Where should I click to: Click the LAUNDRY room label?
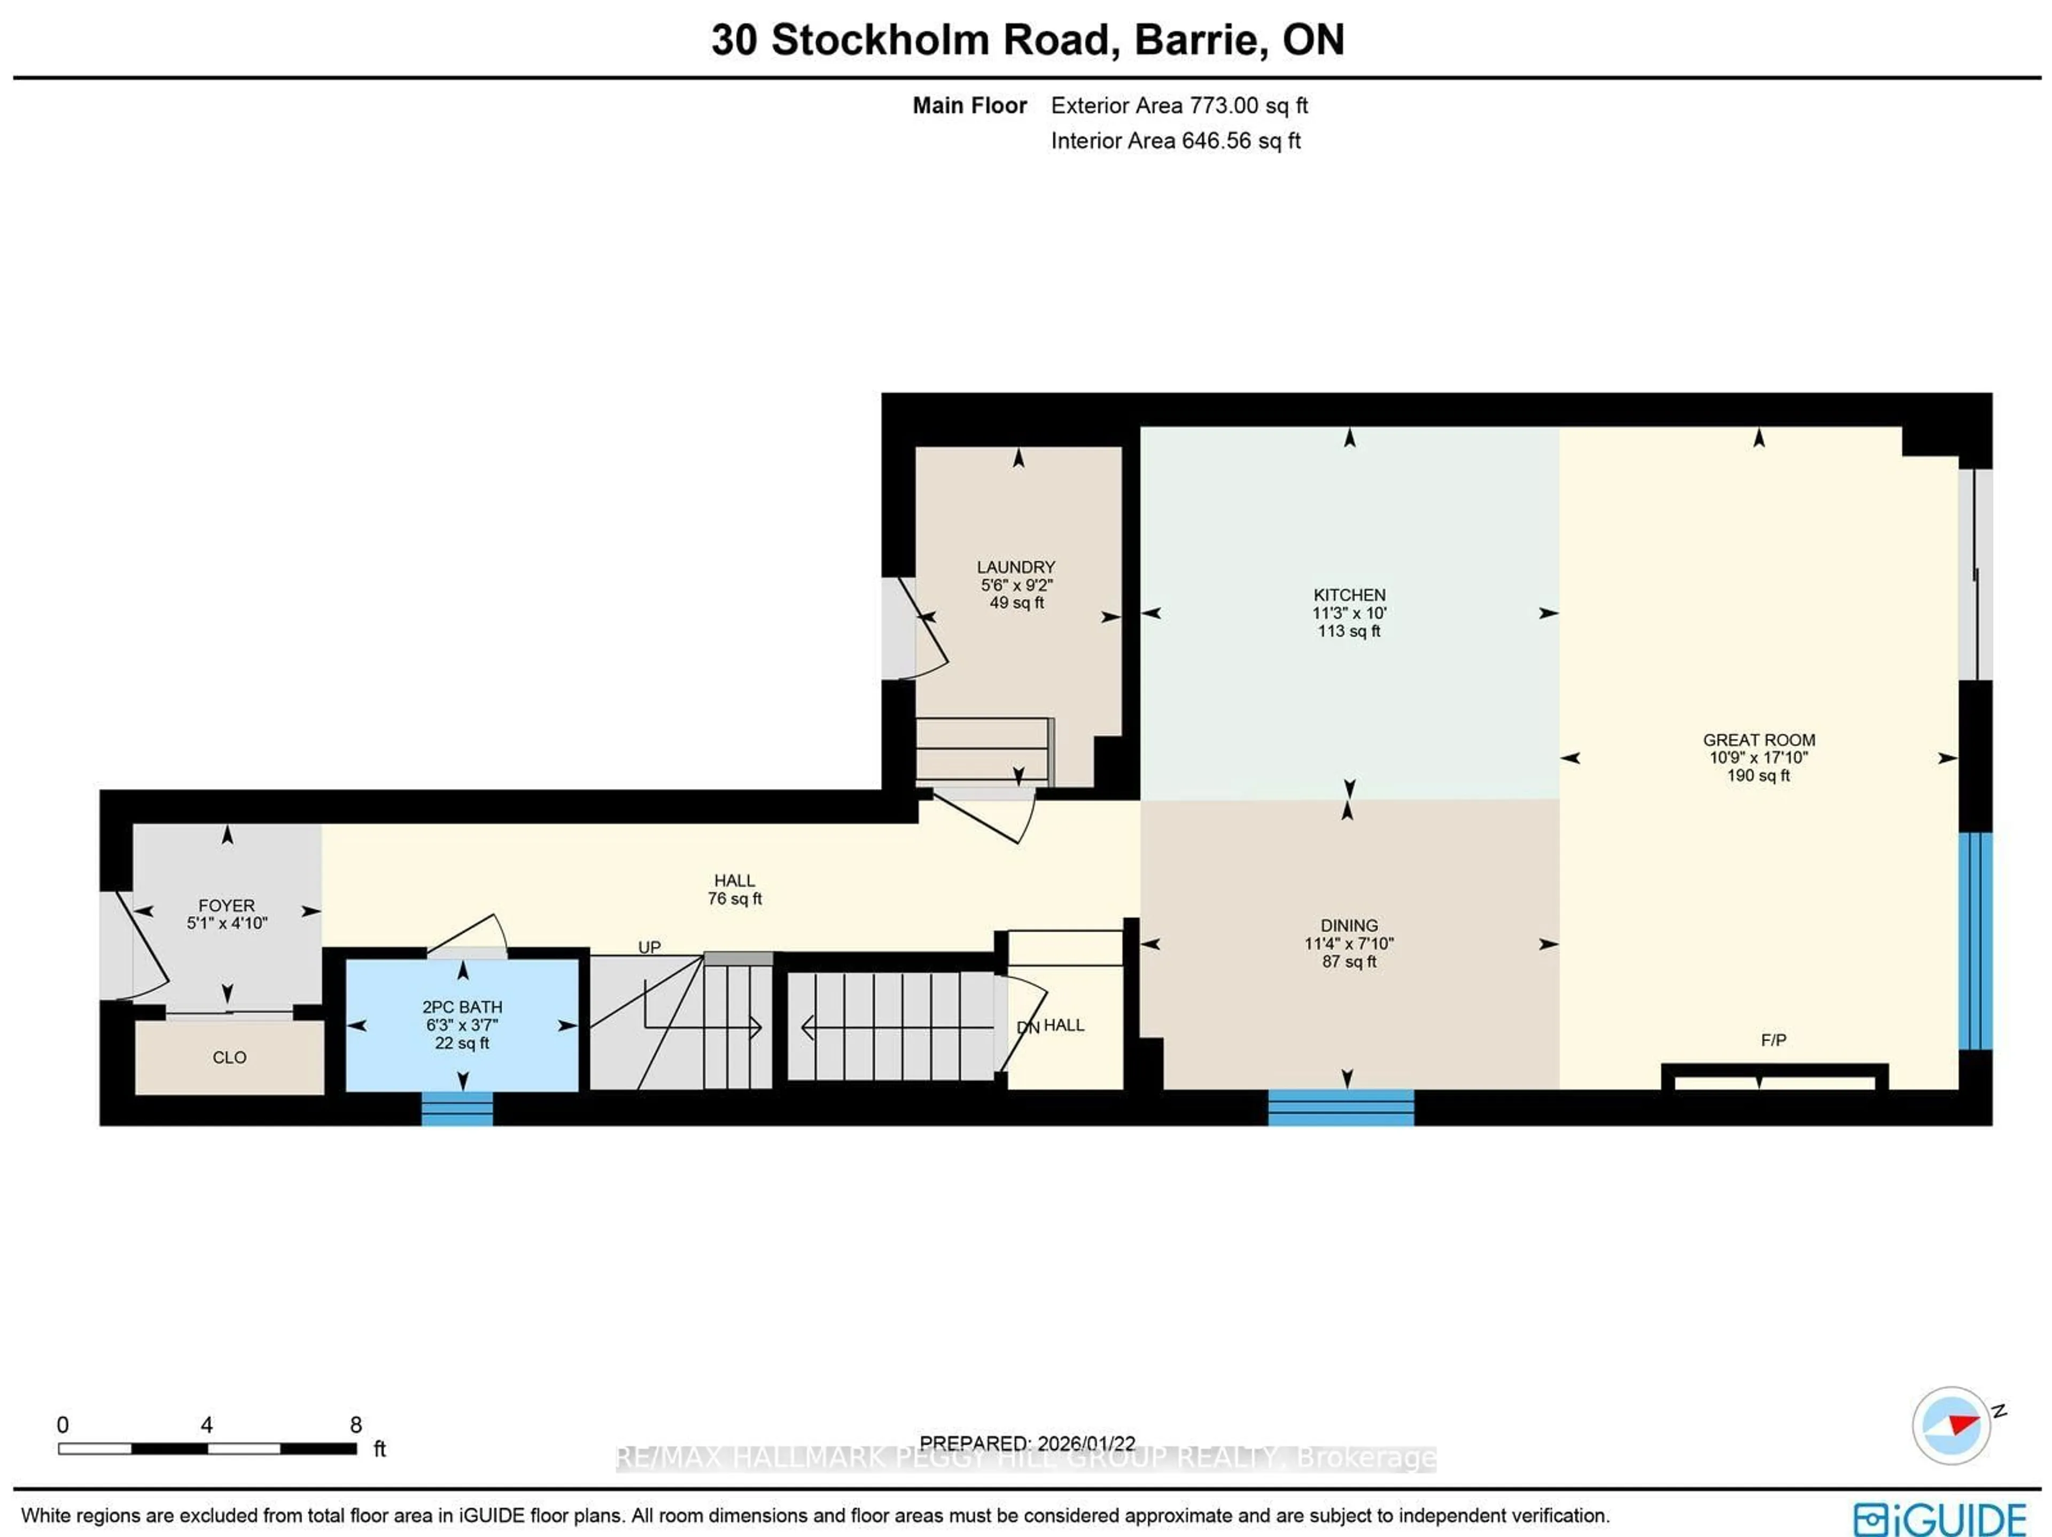point(1016,566)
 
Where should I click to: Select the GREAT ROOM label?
point(1759,740)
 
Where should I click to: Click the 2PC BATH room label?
point(462,1007)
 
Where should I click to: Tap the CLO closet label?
point(229,1057)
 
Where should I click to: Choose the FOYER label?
point(227,905)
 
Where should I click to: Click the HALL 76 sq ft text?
point(735,899)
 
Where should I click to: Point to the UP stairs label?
point(649,947)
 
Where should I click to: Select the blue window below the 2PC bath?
point(457,1108)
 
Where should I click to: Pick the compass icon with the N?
point(1952,1425)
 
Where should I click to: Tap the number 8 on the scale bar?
point(355,1424)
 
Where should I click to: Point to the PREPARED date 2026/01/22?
point(1085,1443)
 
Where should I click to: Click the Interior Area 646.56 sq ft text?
point(1175,141)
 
